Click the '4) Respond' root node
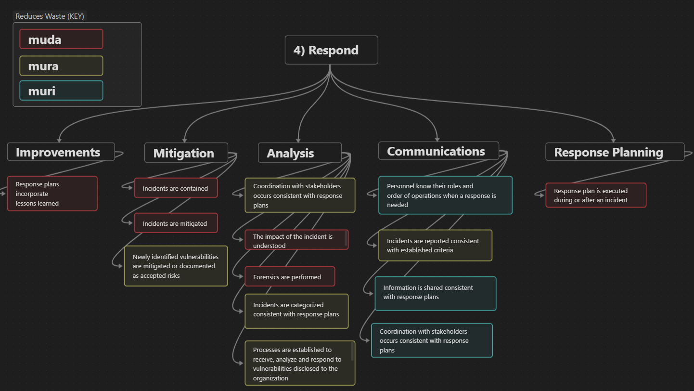(331, 50)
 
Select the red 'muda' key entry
(61, 39)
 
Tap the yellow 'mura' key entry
(61, 66)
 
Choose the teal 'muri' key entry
(61, 91)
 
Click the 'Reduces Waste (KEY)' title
(50, 16)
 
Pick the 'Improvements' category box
(61, 152)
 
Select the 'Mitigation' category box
(186, 153)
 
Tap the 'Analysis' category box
(299, 153)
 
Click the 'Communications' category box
(438, 151)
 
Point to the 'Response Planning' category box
(614, 152)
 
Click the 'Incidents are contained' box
(176, 188)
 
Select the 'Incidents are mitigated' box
(176, 223)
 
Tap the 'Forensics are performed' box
(289, 277)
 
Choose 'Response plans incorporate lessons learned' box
(52, 194)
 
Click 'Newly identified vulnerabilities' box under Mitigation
(176, 266)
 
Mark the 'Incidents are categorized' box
(296, 310)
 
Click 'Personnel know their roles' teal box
(445, 195)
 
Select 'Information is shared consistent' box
(435, 293)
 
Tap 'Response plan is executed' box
(595, 195)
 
